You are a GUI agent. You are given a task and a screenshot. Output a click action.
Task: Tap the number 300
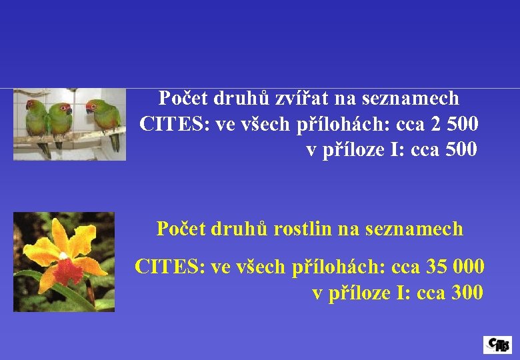(467, 293)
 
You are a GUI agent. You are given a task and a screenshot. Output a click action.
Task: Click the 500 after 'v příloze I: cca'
(461, 150)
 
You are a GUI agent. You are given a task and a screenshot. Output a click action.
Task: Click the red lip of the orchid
(66, 269)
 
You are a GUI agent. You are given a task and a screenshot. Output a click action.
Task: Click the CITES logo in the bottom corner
(497, 344)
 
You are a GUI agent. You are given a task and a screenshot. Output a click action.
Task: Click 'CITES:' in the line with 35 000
(170, 267)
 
